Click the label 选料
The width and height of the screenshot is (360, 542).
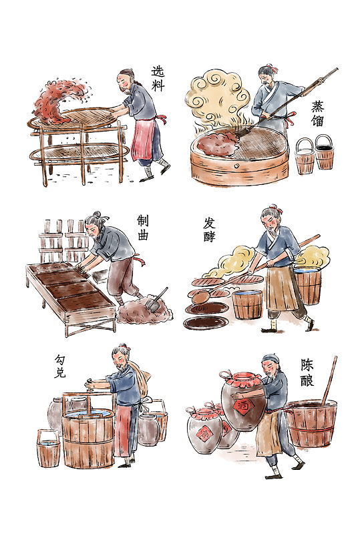[x=158, y=79]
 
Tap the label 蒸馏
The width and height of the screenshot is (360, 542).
[x=317, y=113]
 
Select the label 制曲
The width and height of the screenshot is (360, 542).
[x=142, y=228]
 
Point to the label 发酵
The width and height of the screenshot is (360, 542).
[x=209, y=230]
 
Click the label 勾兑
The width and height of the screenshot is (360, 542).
[x=60, y=366]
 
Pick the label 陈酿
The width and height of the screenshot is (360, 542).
[x=307, y=372]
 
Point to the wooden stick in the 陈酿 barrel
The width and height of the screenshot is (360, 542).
[x=329, y=380]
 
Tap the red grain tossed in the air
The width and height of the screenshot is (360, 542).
[x=58, y=101]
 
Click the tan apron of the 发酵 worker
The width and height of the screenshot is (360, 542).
[x=280, y=288]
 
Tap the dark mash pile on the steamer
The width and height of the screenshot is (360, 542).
[x=218, y=142]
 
